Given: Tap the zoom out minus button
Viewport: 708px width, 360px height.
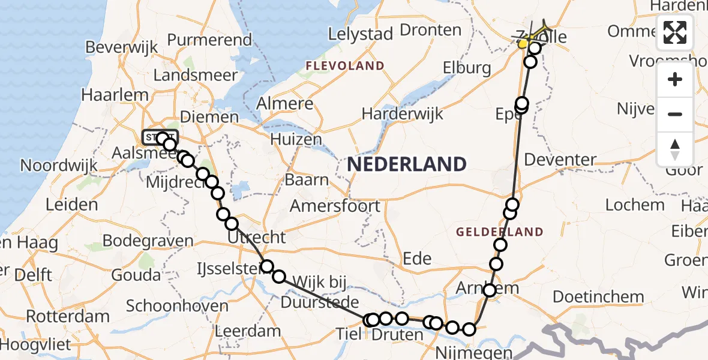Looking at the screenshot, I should pyautogui.click(x=675, y=114).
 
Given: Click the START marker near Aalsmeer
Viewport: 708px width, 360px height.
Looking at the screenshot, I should pyautogui.click(x=160, y=137).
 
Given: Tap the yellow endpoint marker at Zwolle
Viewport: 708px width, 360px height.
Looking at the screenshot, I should pyautogui.click(x=523, y=44).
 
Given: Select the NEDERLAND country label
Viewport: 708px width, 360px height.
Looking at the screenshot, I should pyautogui.click(x=406, y=164).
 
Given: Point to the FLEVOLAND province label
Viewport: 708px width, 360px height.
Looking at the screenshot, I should pyautogui.click(x=345, y=65).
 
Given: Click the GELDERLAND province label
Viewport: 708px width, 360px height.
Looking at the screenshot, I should pyautogui.click(x=500, y=232).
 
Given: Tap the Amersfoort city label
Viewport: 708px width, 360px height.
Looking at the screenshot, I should pyautogui.click(x=335, y=206).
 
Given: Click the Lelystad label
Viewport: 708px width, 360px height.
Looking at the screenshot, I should pyautogui.click(x=360, y=34).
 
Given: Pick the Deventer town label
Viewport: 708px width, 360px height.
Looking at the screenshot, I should pyautogui.click(x=560, y=160).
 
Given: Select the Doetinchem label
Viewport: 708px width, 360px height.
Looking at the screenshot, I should pyautogui.click(x=598, y=296).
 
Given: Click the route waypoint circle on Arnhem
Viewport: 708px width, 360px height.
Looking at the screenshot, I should pyautogui.click(x=490, y=290).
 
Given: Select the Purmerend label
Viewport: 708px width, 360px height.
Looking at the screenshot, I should pyautogui.click(x=209, y=40).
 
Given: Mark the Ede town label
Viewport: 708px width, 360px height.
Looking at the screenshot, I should pyautogui.click(x=417, y=258).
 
